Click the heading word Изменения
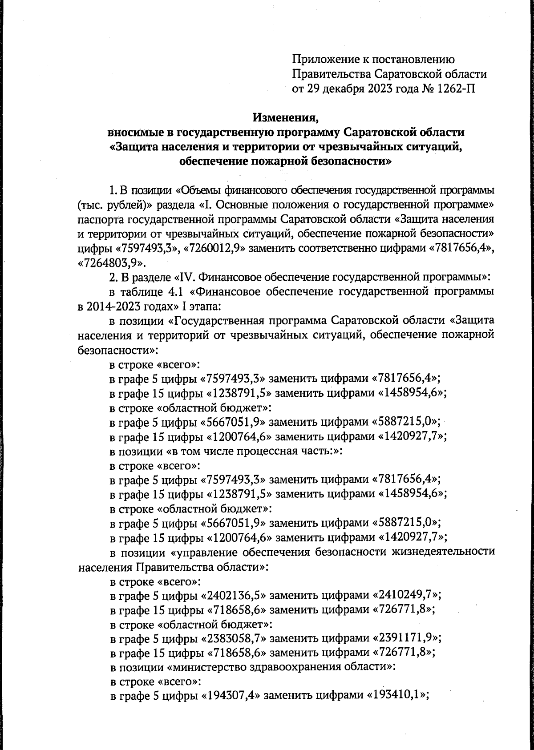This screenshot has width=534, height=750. click(286, 118)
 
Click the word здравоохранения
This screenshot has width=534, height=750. click(292, 667)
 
